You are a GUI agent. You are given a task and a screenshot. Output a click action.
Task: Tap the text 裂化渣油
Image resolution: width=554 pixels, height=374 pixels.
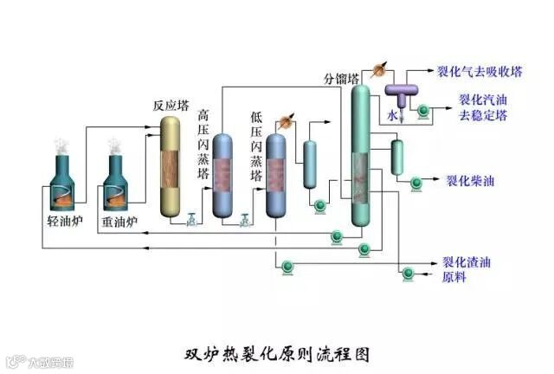tap(467, 260)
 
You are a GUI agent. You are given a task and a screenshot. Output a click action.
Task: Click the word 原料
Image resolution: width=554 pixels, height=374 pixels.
tap(454, 276)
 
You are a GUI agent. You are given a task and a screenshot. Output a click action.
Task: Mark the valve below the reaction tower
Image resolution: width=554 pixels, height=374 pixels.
tap(191, 220)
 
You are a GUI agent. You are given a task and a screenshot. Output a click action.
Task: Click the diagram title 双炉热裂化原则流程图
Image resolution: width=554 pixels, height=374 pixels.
tap(278, 353)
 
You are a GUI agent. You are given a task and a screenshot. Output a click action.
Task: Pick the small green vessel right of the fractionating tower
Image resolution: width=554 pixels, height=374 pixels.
tap(397, 155)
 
